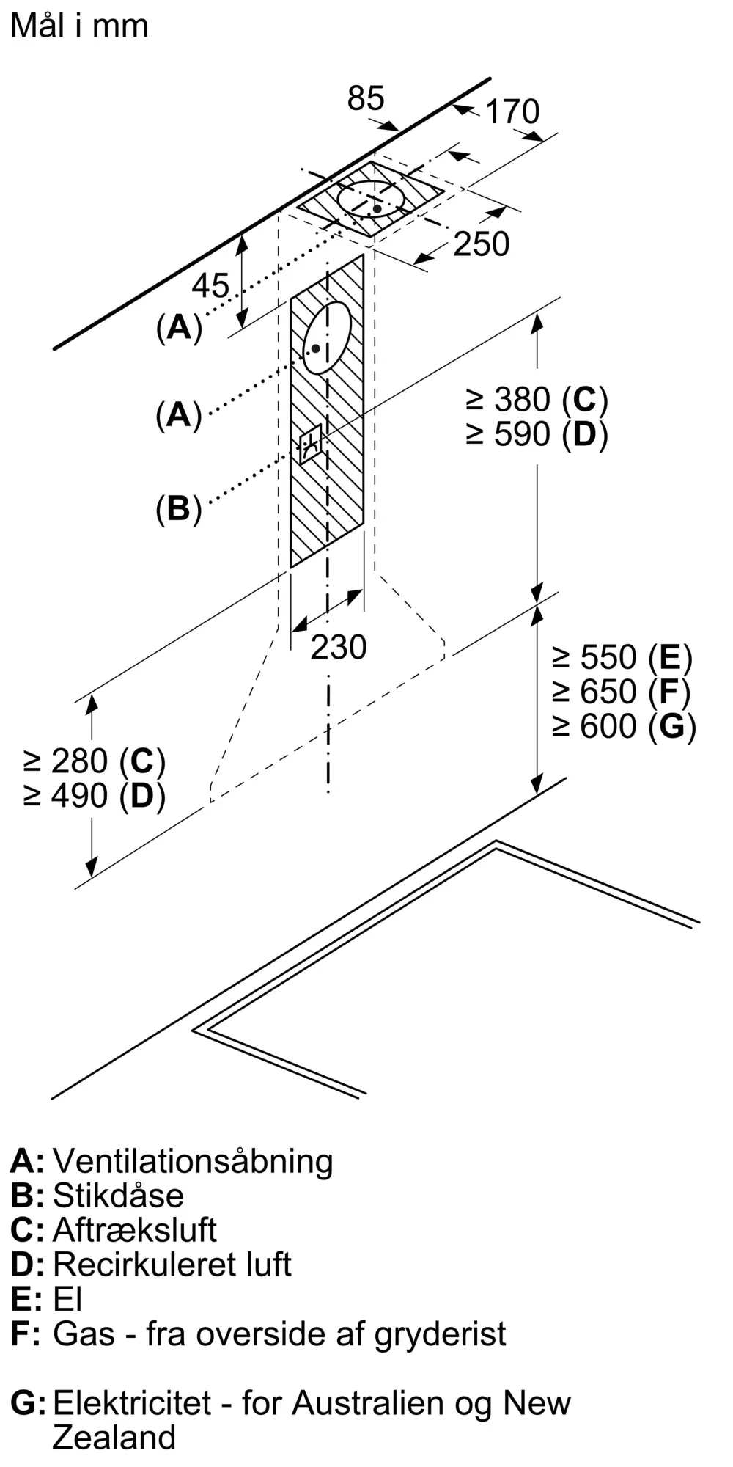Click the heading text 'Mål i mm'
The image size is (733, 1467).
[79, 26]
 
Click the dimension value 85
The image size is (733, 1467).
[365, 98]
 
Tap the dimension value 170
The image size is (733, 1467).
[512, 111]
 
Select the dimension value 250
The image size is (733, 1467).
[481, 244]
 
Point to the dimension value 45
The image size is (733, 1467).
[210, 285]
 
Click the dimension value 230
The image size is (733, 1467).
[339, 647]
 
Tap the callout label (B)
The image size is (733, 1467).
[178, 508]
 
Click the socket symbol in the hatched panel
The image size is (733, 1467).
[310, 443]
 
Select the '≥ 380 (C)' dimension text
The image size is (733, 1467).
[537, 400]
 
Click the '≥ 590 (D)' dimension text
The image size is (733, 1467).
[537, 434]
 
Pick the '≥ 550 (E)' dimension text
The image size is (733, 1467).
[622, 657]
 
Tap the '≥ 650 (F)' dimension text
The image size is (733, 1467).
[622, 692]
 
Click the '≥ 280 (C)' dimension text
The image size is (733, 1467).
[94, 761]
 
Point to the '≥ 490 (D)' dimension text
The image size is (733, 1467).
[94, 796]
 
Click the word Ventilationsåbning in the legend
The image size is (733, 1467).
[193, 1161]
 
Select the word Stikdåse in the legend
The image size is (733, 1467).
[118, 1196]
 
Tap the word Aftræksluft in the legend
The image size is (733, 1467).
[134, 1230]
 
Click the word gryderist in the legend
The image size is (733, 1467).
[440, 1334]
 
